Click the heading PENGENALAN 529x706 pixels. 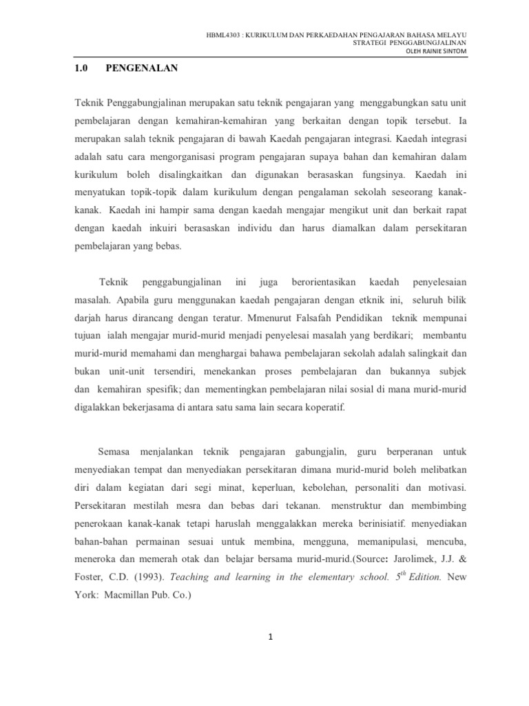(x=141, y=68)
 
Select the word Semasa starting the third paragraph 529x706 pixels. (x=116, y=452)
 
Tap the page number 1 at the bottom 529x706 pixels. (x=271, y=637)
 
